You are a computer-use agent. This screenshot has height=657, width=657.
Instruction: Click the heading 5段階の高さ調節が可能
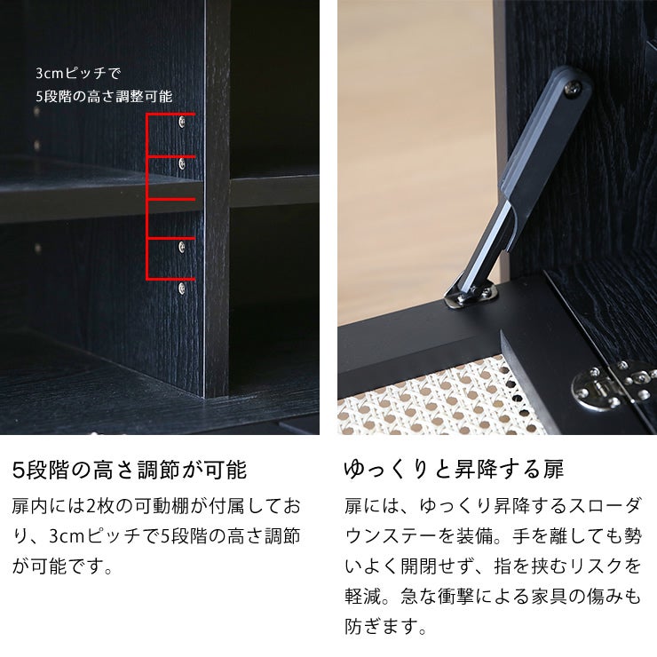tap(129, 469)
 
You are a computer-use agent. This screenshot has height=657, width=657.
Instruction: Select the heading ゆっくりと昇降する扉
tap(454, 469)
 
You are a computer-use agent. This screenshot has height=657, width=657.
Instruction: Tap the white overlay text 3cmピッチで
tap(78, 73)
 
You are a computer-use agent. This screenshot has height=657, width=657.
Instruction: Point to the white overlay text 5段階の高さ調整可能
tap(104, 96)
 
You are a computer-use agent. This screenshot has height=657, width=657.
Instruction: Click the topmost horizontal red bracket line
tap(170, 115)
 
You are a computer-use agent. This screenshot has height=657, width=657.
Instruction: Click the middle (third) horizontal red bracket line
tap(170, 198)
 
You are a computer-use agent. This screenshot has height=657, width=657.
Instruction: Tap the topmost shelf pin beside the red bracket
tap(182, 120)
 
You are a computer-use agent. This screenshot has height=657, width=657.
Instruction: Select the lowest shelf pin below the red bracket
tap(182, 289)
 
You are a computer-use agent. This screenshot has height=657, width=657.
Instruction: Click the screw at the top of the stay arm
tap(578, 87)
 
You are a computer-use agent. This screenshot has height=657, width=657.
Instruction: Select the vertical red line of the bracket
tap(147, 197)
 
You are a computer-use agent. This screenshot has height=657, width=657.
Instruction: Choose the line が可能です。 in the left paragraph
tap(62, 566)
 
